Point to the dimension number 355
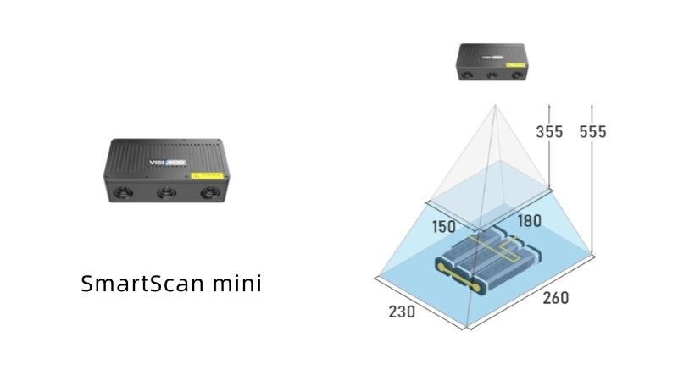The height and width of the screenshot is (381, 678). tap(550, 131)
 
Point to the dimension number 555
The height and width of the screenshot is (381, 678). tap(592, 131)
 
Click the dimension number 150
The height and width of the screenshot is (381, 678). tap(442, 226)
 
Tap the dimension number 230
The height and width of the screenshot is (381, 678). tap(402, 312)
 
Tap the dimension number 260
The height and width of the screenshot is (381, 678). tap(555, 298)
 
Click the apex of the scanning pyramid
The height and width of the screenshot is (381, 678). tap(496, 104)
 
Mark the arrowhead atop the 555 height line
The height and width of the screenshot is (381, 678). tap(592, 104)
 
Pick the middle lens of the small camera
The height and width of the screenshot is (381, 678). tap(492, 75)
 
